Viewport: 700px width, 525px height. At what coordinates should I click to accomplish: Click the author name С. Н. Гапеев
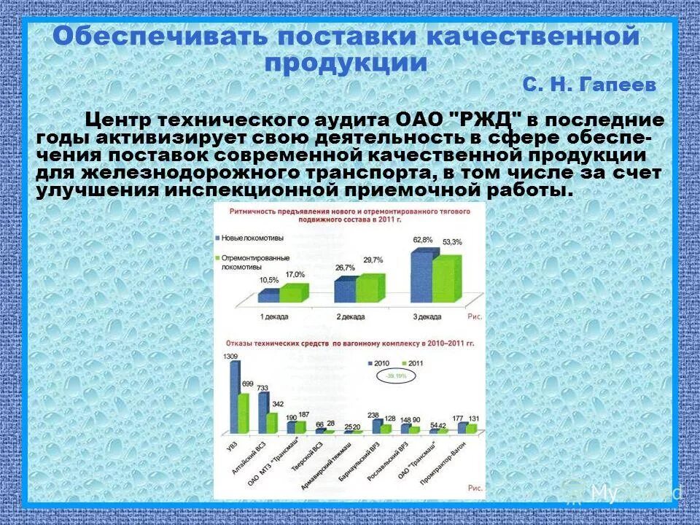click(588, 85)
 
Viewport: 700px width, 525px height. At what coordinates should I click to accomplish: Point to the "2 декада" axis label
click(351, 316)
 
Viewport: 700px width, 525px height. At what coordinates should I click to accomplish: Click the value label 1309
click(230, 356)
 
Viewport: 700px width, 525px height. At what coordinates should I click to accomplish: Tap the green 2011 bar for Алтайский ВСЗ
click(271, 423)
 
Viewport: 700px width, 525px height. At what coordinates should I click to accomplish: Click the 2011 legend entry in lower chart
click(413, 362)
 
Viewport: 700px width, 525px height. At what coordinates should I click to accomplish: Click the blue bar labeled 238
click(373, 427)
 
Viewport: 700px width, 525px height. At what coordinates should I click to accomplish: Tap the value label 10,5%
click(269, 280)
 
